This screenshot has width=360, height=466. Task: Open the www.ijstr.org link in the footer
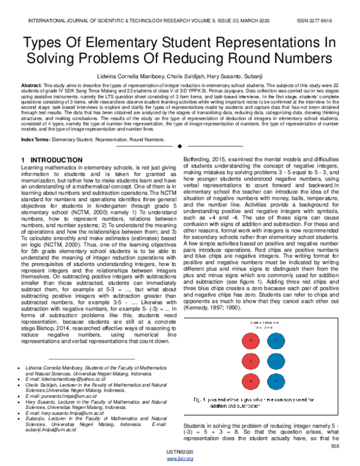click(x=179, y=459)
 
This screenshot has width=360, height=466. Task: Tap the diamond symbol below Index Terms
click(x=179, y=147)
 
